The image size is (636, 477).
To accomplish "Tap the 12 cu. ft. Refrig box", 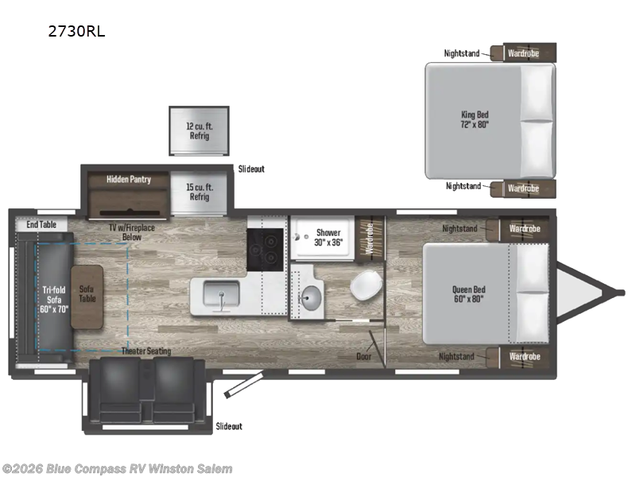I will point(199,130).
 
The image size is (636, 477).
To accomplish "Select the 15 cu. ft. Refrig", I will point(199,192).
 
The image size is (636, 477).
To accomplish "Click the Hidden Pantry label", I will point(129,180).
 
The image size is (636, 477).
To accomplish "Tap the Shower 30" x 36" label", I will point(328,237).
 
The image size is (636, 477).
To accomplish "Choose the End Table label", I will point(41,225).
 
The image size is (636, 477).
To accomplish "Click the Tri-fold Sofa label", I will point(54,295).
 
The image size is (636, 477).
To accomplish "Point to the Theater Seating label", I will point(145,351).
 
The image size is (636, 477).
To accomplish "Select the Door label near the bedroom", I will point(364,356).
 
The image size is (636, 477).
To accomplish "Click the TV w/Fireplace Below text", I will point(132,232).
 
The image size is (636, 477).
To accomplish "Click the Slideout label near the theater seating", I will point(229,427).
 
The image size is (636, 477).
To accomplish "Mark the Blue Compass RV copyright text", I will point(118,469).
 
